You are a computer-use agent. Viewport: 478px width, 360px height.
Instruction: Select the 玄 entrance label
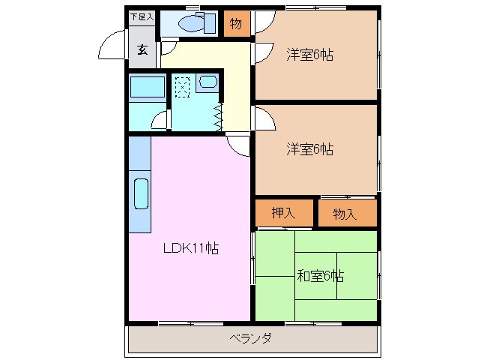141,50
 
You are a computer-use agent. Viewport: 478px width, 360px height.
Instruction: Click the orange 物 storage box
235,24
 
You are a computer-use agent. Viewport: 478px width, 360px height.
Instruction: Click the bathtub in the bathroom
147,88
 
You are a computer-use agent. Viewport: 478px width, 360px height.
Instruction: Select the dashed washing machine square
183,86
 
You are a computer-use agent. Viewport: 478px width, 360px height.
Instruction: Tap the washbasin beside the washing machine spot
207,85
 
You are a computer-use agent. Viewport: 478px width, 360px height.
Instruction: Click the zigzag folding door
219,115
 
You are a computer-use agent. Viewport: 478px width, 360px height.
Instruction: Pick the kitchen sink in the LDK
141,193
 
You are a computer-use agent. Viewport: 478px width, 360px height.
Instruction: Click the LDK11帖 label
191,248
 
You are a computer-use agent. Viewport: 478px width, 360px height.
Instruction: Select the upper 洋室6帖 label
309,55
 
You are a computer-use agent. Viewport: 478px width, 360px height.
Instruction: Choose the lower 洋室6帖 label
309,149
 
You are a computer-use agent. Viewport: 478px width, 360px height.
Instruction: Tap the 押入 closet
283,214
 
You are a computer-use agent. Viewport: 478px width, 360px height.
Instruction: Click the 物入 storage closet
345,214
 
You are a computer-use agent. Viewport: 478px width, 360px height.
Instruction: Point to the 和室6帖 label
320,276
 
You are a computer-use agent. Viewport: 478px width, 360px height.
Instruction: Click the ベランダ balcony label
250,338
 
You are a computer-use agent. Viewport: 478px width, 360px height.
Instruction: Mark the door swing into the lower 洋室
263,119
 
